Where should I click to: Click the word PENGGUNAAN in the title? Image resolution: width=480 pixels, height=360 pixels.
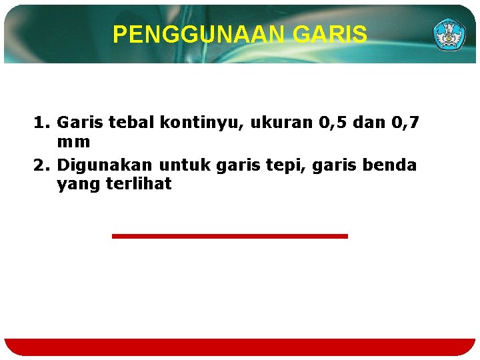click(199, 35)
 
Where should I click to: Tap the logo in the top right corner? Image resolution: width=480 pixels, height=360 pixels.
click(449, 33)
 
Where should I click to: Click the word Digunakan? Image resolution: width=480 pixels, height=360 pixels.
click(105, 165)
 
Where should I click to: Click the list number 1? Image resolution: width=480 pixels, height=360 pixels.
click(41, 123)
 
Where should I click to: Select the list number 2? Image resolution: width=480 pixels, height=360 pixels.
click(41, 164)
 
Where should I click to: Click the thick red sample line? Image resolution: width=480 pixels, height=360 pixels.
click(230, 236)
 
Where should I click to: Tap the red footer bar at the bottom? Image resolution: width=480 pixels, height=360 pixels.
click(240, 347)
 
